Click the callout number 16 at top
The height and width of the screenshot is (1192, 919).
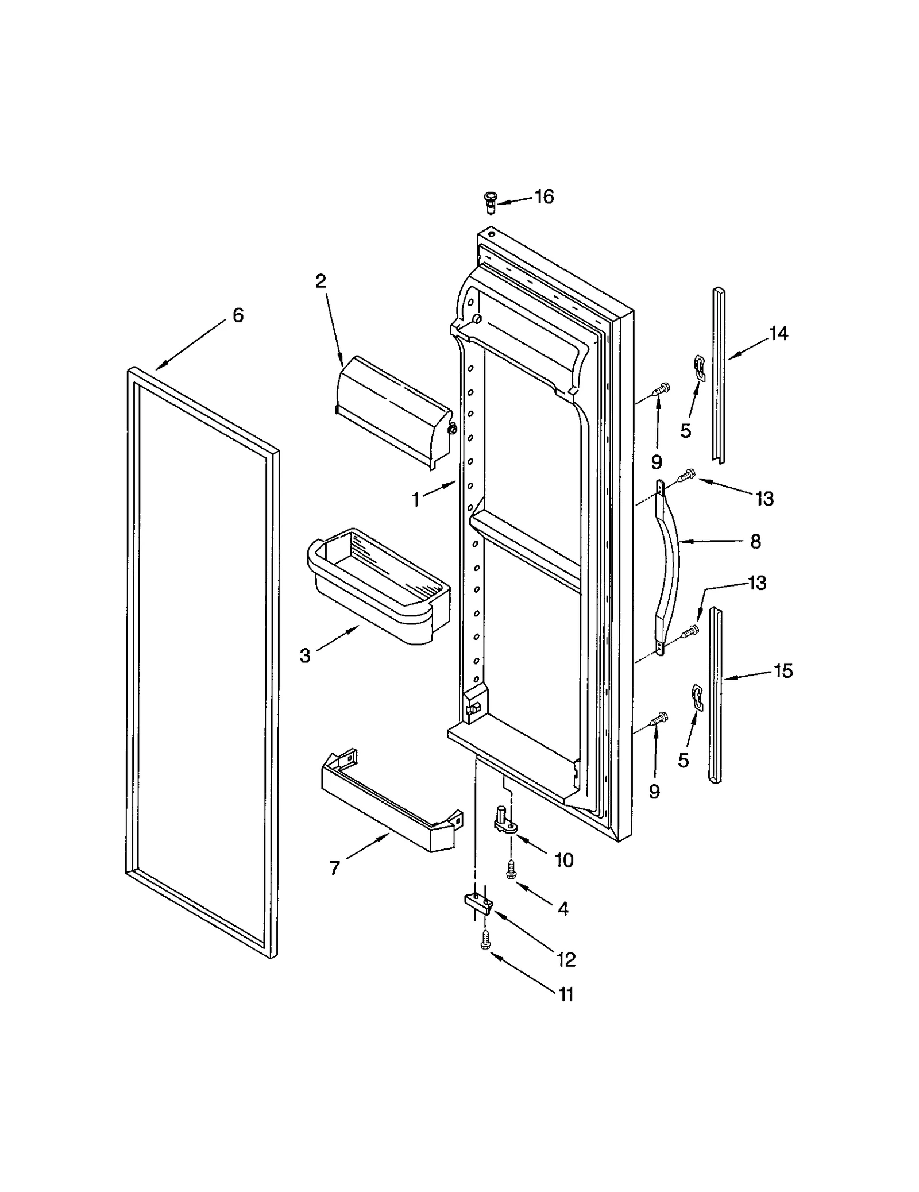coord(544,197)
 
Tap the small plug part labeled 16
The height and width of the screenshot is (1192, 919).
coord(489,202)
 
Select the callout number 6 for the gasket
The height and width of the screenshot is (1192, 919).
coord(238,315)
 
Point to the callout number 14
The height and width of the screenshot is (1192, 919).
coord(778,333)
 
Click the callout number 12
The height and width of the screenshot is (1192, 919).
coord(566,959)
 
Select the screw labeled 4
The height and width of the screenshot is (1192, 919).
coord(509,870)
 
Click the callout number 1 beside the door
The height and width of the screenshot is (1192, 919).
coord(416,500)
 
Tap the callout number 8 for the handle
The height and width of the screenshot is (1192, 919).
coord(755,541)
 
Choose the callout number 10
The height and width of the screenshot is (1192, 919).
coord(564,860)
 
